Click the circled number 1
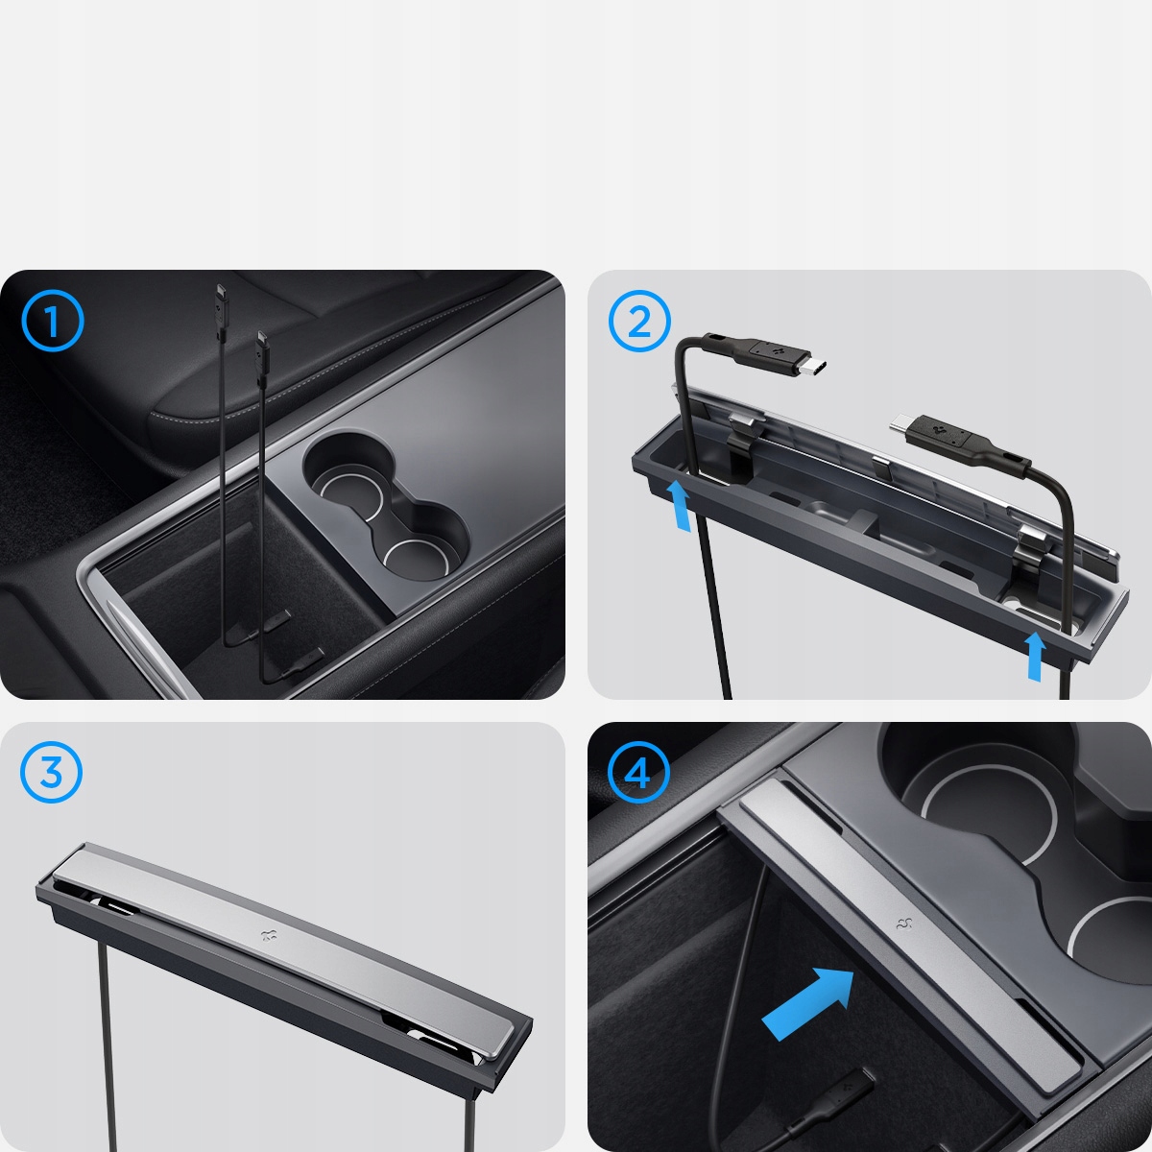point(53,322)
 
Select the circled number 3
point(51,773)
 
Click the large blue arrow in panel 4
point(808,1002)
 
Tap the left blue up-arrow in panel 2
point(679,506)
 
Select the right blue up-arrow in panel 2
point(1035,657)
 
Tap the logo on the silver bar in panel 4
point(903,924)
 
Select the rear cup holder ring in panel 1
point(349,488)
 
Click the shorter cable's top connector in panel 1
point(263,348)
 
